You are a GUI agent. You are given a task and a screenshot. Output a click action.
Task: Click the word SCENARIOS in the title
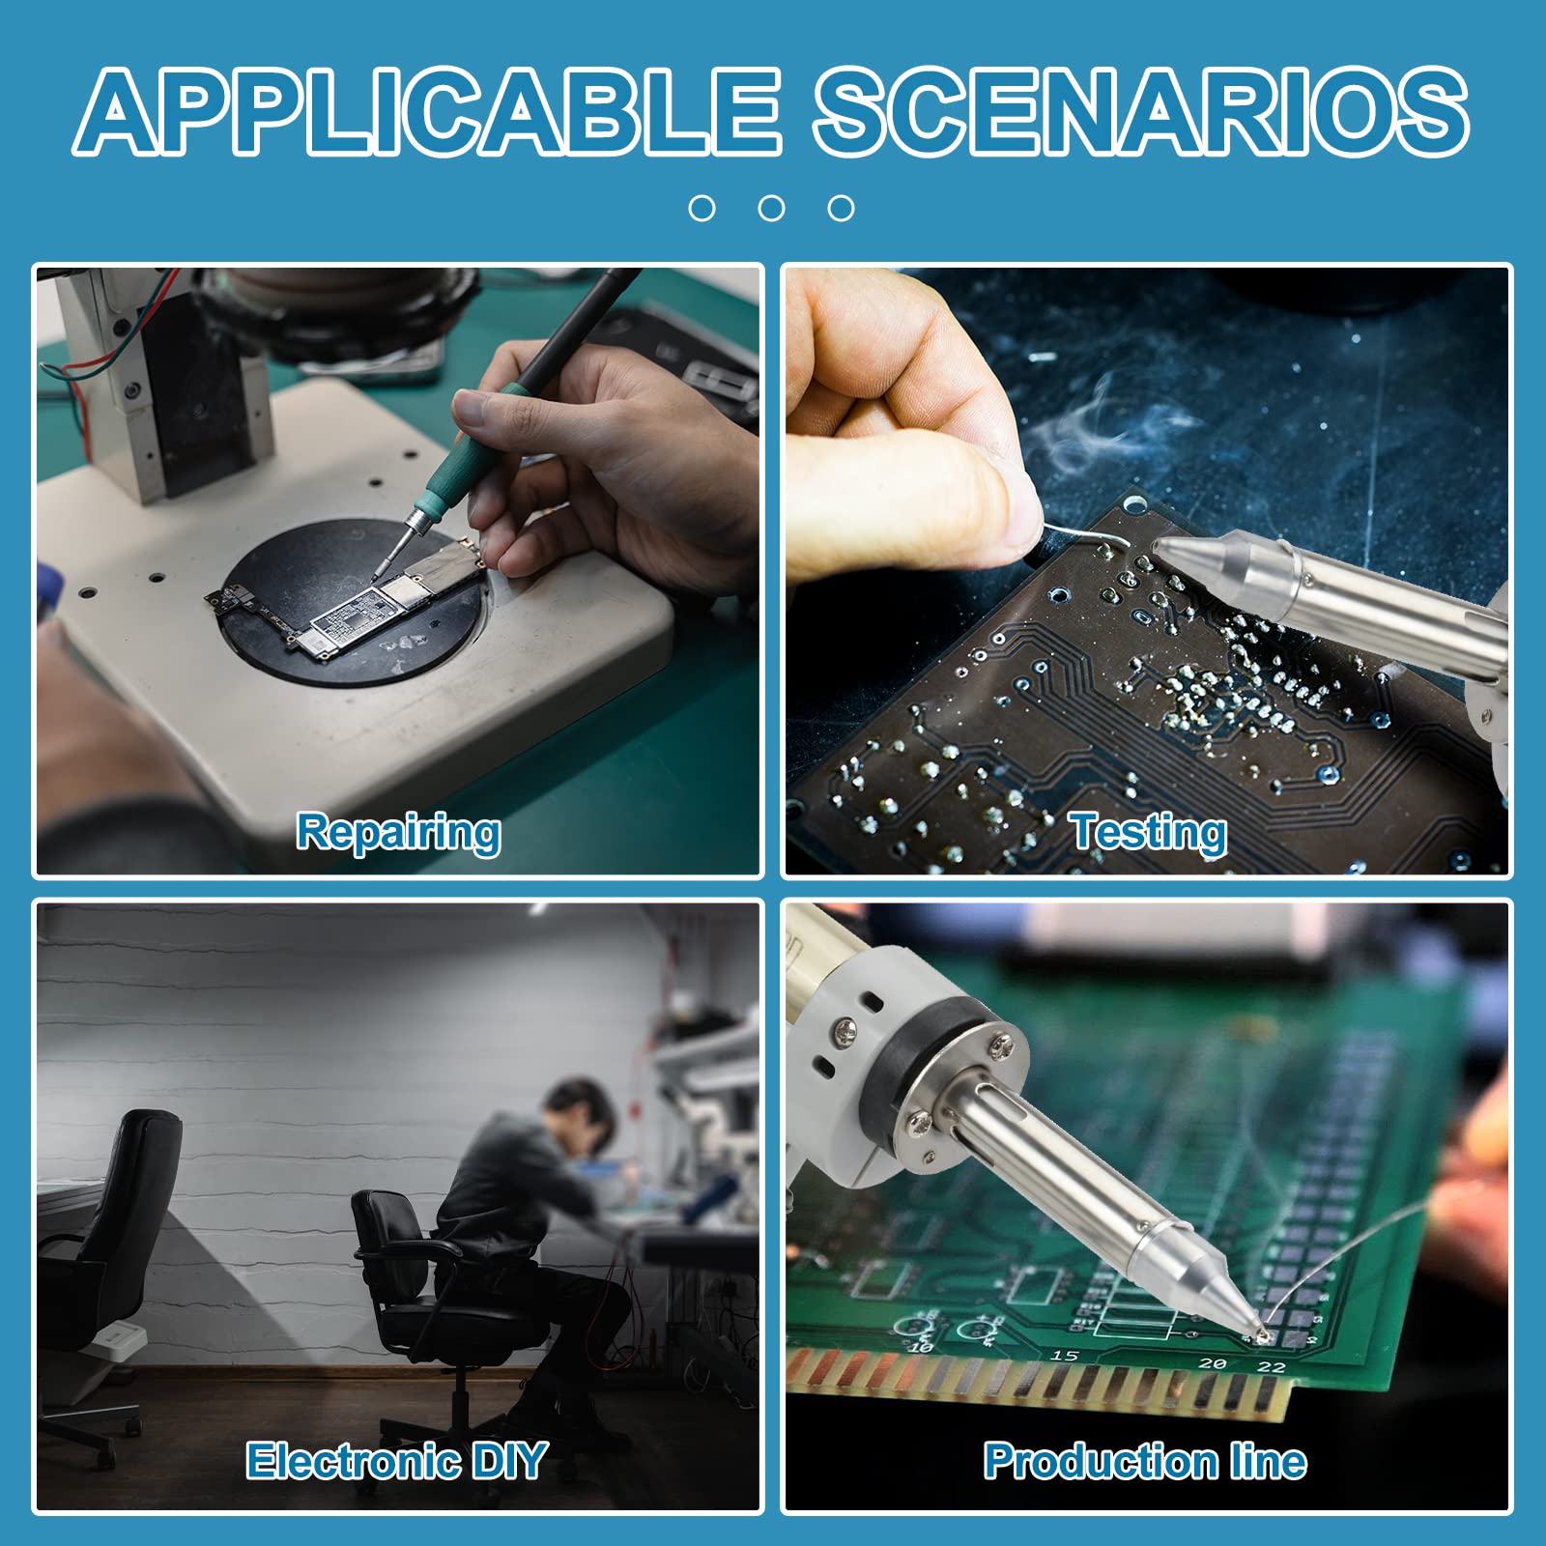pos(1141,111)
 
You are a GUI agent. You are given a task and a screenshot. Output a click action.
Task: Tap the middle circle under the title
pos(771,208)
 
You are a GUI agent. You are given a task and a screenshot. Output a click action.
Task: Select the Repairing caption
pos(398,833)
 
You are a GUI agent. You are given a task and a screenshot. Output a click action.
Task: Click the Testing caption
pos(1148,832)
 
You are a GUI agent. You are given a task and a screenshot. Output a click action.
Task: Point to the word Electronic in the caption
pos(353,1460)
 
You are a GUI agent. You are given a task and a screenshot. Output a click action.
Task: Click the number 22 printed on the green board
pos(1271,1367)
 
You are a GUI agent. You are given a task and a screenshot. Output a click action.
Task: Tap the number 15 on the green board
pos(1064,1356)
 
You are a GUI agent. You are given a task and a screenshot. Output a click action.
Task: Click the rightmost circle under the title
pos(841,208)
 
